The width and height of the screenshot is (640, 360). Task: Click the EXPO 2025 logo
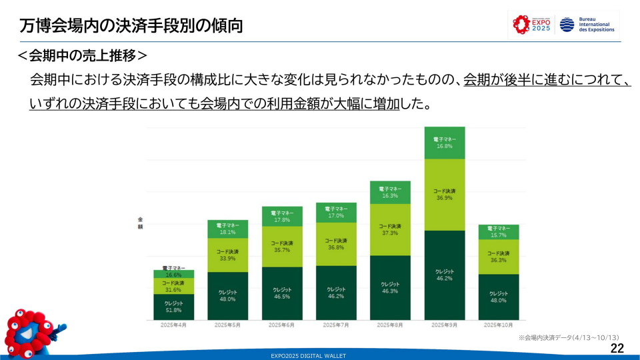click(531, 25)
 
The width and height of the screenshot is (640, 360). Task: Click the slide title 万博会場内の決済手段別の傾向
click(131, 26)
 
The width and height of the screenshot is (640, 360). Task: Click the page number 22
click(617, 349)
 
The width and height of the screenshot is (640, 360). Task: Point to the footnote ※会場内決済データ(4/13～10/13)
click(569, 337)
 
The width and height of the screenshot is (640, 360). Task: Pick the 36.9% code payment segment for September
click(445, 194)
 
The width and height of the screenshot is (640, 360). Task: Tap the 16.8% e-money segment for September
click(445, 143)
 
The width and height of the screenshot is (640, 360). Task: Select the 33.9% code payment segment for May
click(228, 255)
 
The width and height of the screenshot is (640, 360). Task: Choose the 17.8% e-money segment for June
click(282, 216)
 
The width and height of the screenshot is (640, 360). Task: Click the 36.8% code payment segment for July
click(336, 243)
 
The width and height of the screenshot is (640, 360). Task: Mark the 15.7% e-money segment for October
click(499, 232)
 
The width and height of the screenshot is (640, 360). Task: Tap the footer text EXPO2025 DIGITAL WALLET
click(308, 356)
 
